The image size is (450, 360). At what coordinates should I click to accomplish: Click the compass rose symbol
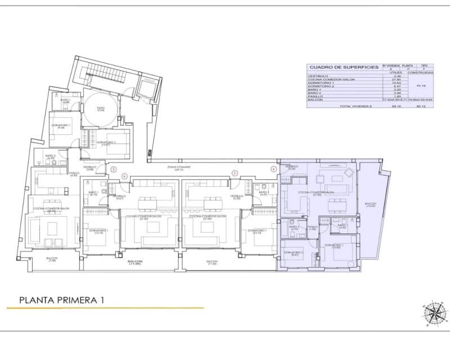point(433,313)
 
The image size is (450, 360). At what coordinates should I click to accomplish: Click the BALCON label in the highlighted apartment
point(370,205)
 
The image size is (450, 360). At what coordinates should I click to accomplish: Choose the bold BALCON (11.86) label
point(134,262)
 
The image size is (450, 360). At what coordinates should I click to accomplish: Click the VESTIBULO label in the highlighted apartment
point(291,167)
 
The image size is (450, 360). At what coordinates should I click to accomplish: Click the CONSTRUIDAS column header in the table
point(420,73)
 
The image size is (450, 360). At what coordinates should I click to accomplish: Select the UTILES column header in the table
point(388,73)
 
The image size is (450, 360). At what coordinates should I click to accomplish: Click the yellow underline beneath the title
point(105,308)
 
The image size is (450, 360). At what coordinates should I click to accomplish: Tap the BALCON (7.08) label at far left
point(52,259)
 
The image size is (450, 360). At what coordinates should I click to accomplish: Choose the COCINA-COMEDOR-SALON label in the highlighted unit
point(316,193)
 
